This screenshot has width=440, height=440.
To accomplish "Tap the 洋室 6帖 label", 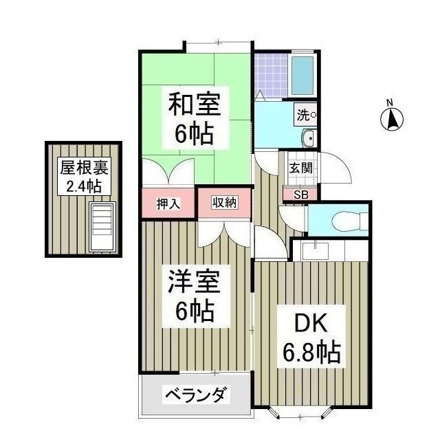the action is click(x=195, y=296).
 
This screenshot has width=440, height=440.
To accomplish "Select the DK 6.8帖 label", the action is click(x=311, y=336).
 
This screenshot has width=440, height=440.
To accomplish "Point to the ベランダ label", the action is click(x=196, y=395).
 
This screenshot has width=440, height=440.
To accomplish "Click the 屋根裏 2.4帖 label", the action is click(x=84, y=176).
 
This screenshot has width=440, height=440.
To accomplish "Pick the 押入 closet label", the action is click(x=168, y=203).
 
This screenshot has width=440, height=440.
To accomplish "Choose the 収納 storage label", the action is click(x=225, y=202).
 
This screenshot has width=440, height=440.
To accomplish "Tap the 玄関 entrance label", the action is click(x=301, y=168).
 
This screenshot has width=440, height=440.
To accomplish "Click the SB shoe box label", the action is click(x=301, y=195).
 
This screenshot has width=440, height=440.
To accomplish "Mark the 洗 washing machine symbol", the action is click(x=305, y=115).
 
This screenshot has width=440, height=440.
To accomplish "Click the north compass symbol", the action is click(x=392, y=119).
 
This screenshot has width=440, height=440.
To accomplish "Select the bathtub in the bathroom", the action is click(x=302, y=75).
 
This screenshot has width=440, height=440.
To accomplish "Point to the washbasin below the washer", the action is click(x=309, y=138).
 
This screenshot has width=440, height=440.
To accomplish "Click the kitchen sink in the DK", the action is click(x=316, y=251).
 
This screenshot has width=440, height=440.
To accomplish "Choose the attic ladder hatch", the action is click(x=102, y=227).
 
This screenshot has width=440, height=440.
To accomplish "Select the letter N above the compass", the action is click(x=390, y=102).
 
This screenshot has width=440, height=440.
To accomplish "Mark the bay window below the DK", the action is click(x=300, y=412).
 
